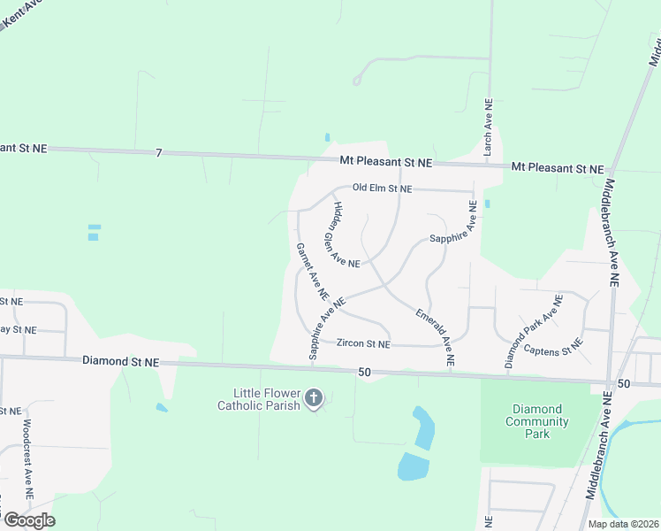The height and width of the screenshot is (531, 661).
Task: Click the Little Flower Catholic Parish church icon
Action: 313,399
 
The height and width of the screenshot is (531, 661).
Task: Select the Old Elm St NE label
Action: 382,189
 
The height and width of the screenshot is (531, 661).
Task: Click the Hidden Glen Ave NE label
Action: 346,235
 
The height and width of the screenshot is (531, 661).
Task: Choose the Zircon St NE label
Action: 363,343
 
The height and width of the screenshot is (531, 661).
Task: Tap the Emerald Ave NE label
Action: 435,337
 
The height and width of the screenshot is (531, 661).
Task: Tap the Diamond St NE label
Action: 120,362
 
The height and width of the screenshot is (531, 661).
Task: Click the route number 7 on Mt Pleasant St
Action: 159,153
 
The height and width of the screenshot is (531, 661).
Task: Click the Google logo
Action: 28,519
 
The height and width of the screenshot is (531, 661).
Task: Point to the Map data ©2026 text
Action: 622,524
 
